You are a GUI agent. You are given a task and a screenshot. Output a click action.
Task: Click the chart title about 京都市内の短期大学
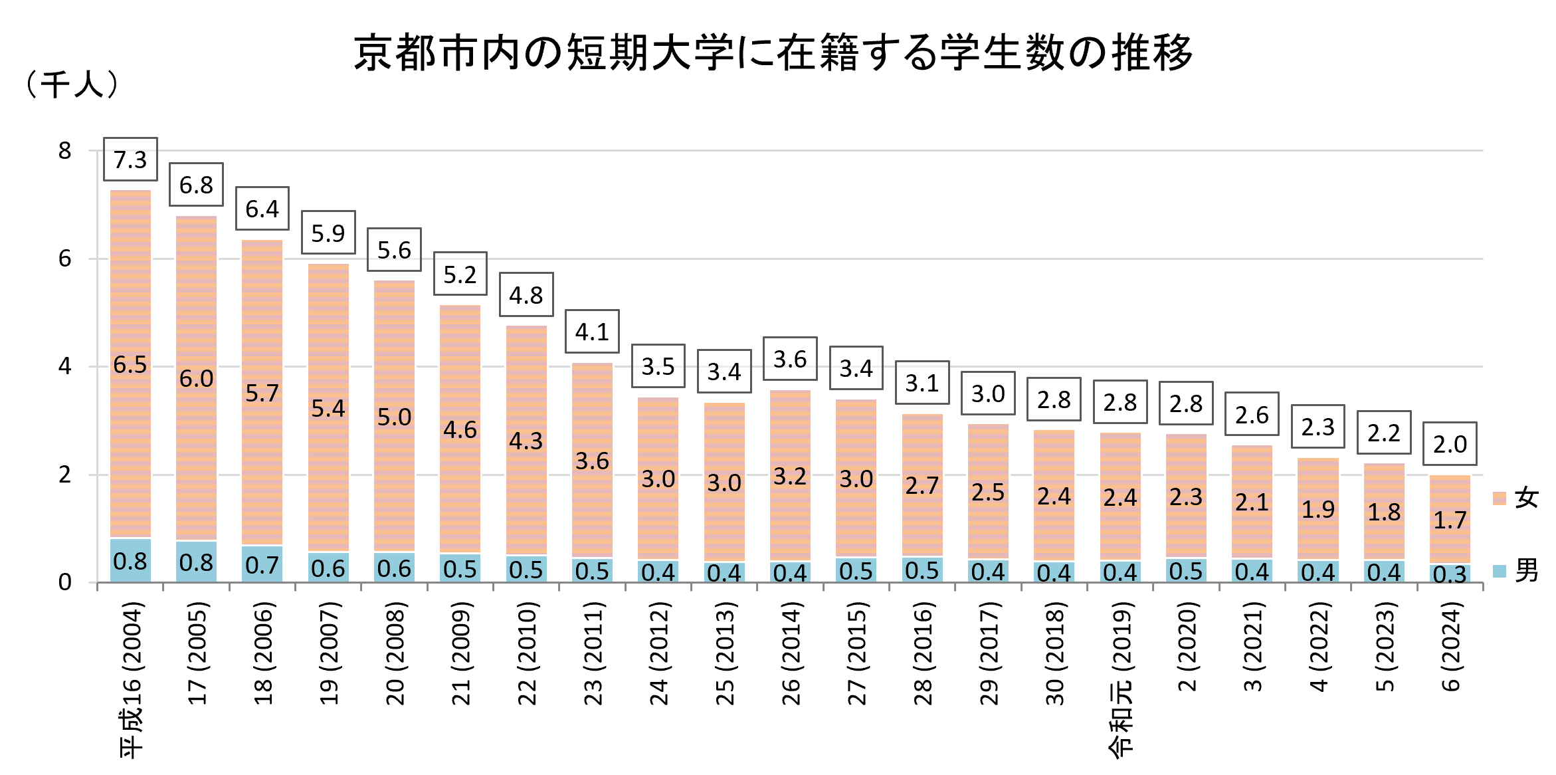tap(773, 53)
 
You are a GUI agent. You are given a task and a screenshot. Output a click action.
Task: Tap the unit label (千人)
tap(71, 84)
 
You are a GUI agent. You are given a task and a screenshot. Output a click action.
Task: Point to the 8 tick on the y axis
tap(64, 151)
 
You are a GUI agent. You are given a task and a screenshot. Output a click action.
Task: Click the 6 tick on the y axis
tap(64, 259)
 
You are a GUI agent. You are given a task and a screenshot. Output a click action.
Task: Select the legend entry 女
tap(1516, 498)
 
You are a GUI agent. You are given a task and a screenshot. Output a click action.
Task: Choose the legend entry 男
tap(1516, 570)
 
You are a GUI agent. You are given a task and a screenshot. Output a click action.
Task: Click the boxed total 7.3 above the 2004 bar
tap(130, 160)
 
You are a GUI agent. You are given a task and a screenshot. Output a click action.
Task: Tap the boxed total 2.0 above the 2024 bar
tap(1450, 444)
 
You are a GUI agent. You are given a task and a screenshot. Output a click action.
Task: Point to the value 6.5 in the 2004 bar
tap(130, 364)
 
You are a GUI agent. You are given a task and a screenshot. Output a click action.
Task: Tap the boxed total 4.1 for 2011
tap(592, 332)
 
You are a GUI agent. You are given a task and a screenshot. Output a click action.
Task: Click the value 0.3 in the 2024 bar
tap(1450, 574)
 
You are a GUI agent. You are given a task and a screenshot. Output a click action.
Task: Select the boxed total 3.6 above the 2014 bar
tap(790, 359)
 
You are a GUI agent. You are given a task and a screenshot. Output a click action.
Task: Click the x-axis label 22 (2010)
tap(527, 655)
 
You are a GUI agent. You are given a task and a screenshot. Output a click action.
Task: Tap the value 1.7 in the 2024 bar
tap(1450, 520)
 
